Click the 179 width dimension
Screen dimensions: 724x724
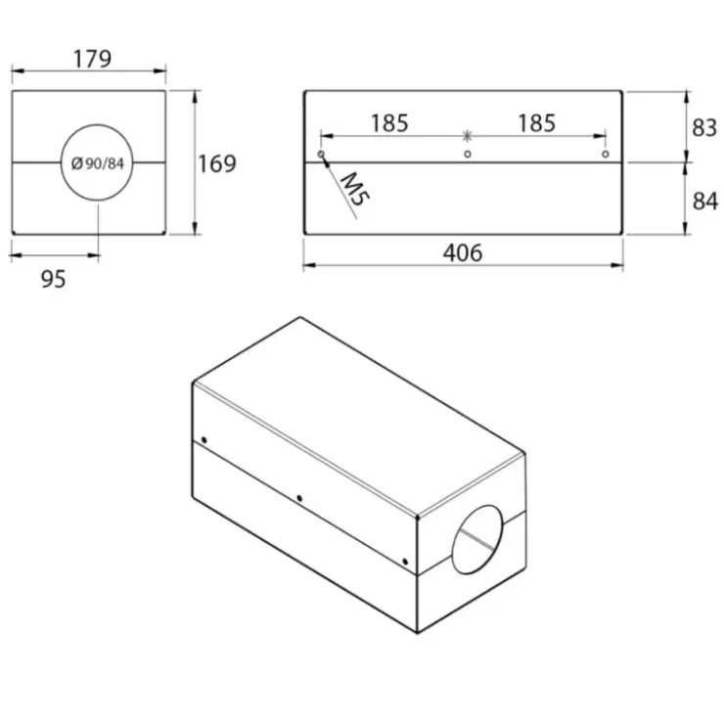pos(92,59)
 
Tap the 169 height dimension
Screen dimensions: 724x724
pos(217,163)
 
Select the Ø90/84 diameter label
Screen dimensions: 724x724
pos(98,163)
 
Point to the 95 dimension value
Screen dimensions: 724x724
pos(54,280)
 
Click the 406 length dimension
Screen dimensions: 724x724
pos(463,253)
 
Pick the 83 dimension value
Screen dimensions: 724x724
pos(704,128)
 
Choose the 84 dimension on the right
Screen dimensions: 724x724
pos(705,202)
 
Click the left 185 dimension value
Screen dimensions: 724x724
pos(389,123)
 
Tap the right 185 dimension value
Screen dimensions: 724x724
pos(536,123)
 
